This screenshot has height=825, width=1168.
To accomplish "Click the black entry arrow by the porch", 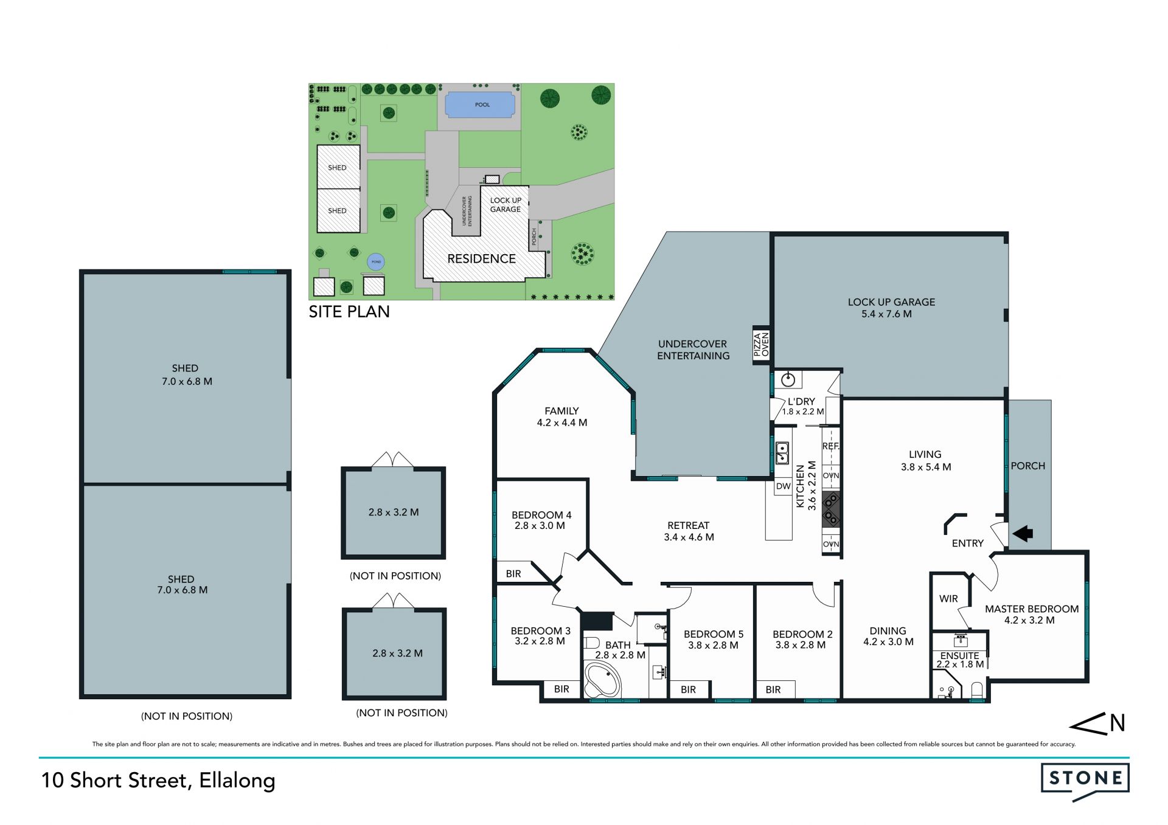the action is (x=1023, y=533).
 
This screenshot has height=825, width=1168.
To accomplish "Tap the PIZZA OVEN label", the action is (x=761, y=345).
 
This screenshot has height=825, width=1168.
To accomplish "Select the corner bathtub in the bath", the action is (x=602, y=680).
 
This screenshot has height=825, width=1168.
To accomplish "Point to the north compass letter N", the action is (x=1117, y=723).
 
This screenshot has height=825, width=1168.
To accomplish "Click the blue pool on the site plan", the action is (x=482, y=105).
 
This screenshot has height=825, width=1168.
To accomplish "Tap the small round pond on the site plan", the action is (x=376, y=261).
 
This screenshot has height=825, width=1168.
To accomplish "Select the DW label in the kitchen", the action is (x=784, y=486).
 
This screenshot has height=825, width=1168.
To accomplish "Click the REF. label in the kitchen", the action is (x=830, y=446).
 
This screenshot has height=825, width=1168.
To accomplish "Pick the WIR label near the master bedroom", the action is (x=948, y=599).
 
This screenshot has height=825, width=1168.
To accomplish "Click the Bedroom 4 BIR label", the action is (x=513, y=573).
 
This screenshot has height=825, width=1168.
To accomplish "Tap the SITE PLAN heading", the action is (x=349, y=312).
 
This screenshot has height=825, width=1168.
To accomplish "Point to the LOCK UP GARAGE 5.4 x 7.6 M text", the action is (x=891, y=308).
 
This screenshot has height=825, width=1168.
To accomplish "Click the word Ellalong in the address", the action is (x=237, y=781).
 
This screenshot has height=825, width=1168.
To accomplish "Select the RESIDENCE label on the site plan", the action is (x=481, y=259).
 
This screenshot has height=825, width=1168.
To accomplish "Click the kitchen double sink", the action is (x=782, y=453).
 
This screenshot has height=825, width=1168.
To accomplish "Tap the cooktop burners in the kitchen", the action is (x=831, y=509).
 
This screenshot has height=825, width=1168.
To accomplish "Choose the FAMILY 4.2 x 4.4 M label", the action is (x=561, y=416).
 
